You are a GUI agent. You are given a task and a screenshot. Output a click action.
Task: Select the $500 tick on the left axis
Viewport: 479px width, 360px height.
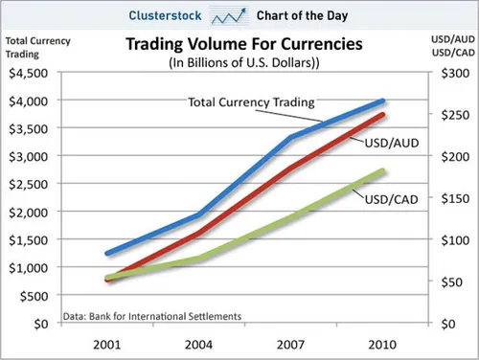click(x=33, y=296)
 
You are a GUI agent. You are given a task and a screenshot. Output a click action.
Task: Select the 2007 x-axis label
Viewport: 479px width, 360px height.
click(x=290, y=343)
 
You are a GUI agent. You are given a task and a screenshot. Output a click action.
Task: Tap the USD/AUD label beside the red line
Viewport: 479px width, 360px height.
click(x=389, y=143)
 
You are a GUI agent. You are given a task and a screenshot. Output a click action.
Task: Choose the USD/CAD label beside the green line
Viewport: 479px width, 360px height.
click(x=388, y=199)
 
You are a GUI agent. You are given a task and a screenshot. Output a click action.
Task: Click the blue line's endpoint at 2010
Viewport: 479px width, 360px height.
click(x=382, y=101)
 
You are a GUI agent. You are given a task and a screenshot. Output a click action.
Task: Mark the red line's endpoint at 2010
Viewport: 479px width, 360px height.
click(x=382, y=115)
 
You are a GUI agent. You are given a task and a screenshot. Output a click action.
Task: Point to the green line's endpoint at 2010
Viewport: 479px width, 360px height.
click(x=382, y=171)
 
